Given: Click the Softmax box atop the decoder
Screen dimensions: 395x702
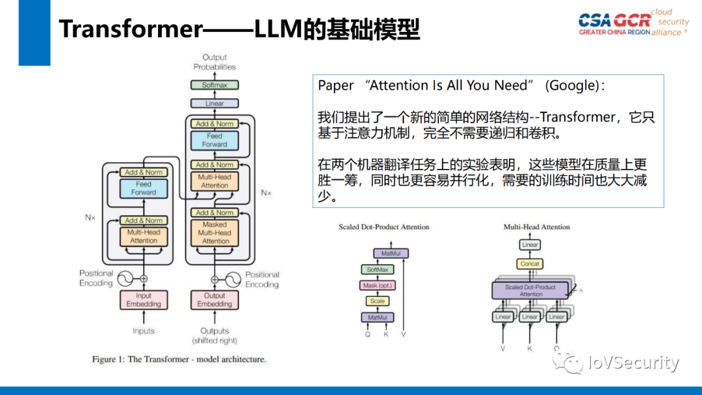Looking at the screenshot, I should (214, 85).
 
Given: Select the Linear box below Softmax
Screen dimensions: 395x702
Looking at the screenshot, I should (214, 103).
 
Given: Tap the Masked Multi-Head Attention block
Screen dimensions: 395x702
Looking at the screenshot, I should (214, 233).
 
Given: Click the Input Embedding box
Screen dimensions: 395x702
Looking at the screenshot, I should (144, 299).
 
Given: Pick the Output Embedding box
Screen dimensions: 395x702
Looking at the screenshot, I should (214, 299).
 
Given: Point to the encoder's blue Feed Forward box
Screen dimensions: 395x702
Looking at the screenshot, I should (144, 188).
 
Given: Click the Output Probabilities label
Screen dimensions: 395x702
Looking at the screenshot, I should (214, 62).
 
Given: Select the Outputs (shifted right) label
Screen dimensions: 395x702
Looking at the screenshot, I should (214, 336).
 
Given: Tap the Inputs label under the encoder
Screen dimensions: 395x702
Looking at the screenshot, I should (144, 331).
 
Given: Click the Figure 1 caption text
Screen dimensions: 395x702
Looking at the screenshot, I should (179, 359).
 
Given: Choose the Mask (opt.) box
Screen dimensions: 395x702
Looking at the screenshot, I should (378, 285).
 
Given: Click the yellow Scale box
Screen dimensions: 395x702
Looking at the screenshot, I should (378, 301).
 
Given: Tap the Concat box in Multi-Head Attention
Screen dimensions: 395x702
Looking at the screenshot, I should (530, 264).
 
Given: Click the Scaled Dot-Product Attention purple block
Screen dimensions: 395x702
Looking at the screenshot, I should (530, 290).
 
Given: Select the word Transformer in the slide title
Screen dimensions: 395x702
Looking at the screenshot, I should (131, 29).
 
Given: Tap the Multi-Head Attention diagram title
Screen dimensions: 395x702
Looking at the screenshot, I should (536, 227).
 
